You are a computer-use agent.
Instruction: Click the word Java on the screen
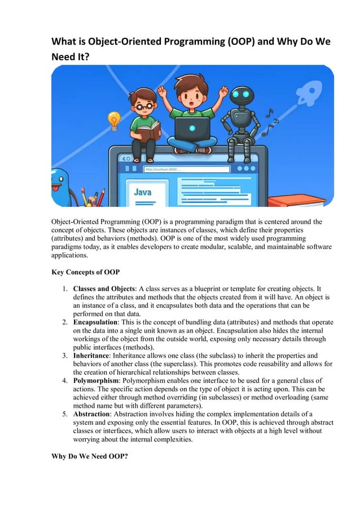click(142, 192)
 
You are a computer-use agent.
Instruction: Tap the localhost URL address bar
click(186, 169)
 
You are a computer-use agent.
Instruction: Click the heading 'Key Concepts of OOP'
click(85, 272)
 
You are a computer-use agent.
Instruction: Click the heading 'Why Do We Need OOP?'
click(90, 457)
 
